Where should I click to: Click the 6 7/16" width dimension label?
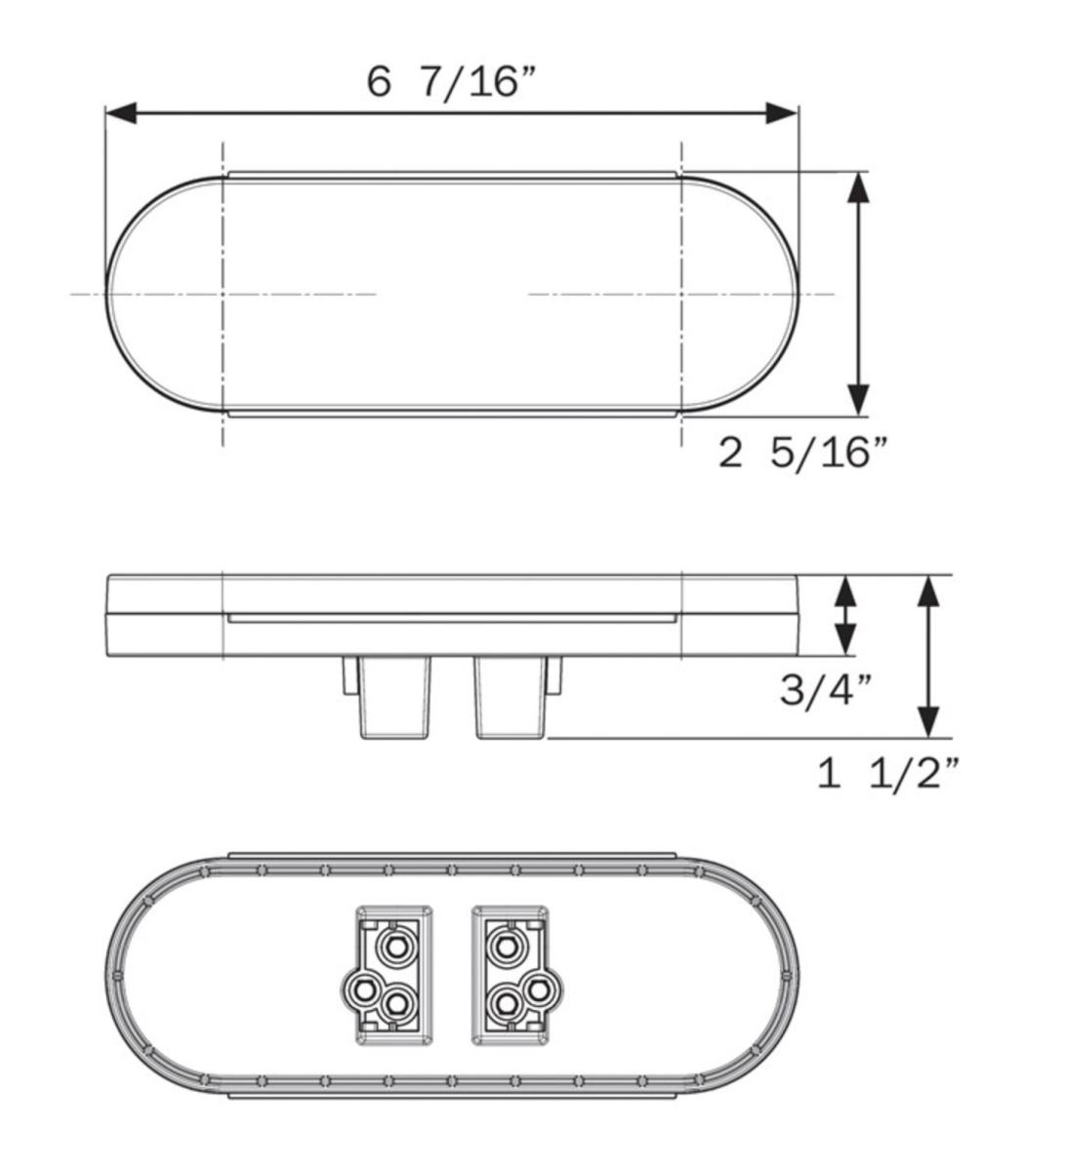point(452,81)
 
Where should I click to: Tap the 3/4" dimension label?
point(825,691)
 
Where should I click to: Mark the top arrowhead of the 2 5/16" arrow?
point(857,188)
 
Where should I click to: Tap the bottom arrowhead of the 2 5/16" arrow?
point(857,399)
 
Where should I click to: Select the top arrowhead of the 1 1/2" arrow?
point(928,591)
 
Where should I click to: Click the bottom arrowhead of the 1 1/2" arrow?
point(928,722)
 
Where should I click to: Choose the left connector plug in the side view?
point(395,697)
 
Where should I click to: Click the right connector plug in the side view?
point(509,697)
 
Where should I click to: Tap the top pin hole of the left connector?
point(396,945)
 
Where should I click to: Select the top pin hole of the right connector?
point(506,945)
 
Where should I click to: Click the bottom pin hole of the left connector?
point(396,1002)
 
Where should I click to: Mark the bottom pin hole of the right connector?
point(505,1002)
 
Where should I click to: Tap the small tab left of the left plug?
point(348,675)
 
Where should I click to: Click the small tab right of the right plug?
point(554,675)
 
